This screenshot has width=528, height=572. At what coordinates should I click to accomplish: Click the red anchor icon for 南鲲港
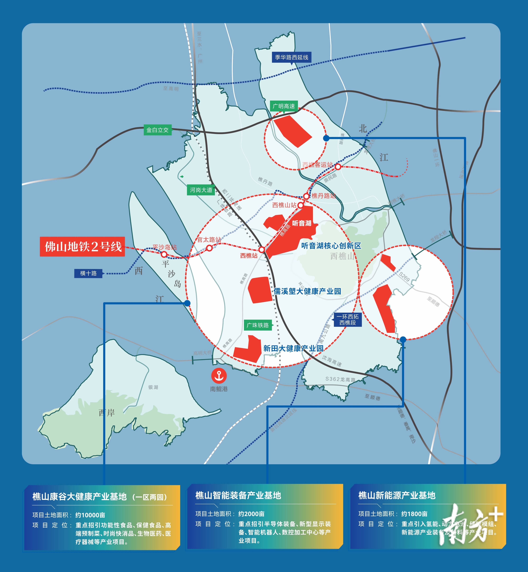point(219,375)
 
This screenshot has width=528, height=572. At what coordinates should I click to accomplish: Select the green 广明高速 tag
point(284,106)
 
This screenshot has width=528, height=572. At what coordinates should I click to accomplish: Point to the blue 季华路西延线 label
point(291,57)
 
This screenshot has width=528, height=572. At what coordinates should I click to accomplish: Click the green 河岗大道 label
point(201,190)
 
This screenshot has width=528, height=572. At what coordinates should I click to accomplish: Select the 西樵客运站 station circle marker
point(338,167)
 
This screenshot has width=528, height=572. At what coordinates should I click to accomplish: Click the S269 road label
point(404,277)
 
